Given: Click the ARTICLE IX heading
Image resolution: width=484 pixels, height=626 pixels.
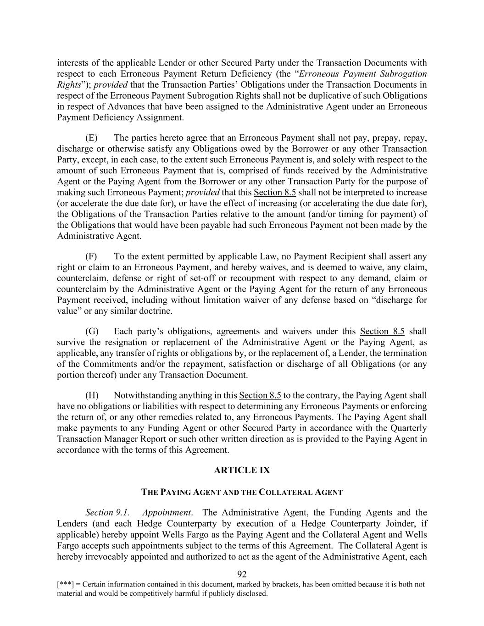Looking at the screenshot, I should [x=242, y=471].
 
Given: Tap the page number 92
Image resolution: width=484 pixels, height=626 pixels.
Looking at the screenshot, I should [x=242, y=575].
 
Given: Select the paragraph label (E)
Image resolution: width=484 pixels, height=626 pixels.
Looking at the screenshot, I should [x=92, y=138].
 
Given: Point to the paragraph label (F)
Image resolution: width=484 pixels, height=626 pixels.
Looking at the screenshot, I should [x=92, y=256].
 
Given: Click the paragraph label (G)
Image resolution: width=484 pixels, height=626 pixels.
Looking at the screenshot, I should [x=92, y=332].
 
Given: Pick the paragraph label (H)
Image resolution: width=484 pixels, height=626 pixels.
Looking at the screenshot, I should [x=92, y=395].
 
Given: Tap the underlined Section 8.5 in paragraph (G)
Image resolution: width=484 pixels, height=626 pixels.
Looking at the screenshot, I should [x=382, y=332].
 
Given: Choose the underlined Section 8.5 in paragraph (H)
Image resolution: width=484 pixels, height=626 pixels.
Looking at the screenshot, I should [x=260, y=395].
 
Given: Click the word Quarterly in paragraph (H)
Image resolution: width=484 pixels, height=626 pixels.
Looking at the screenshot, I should [x=408, y=428].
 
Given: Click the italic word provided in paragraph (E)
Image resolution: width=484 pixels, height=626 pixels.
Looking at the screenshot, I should [x=202, y=193].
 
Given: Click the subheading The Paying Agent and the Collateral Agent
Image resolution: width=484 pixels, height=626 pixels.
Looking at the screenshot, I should [x=242, y=493].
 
